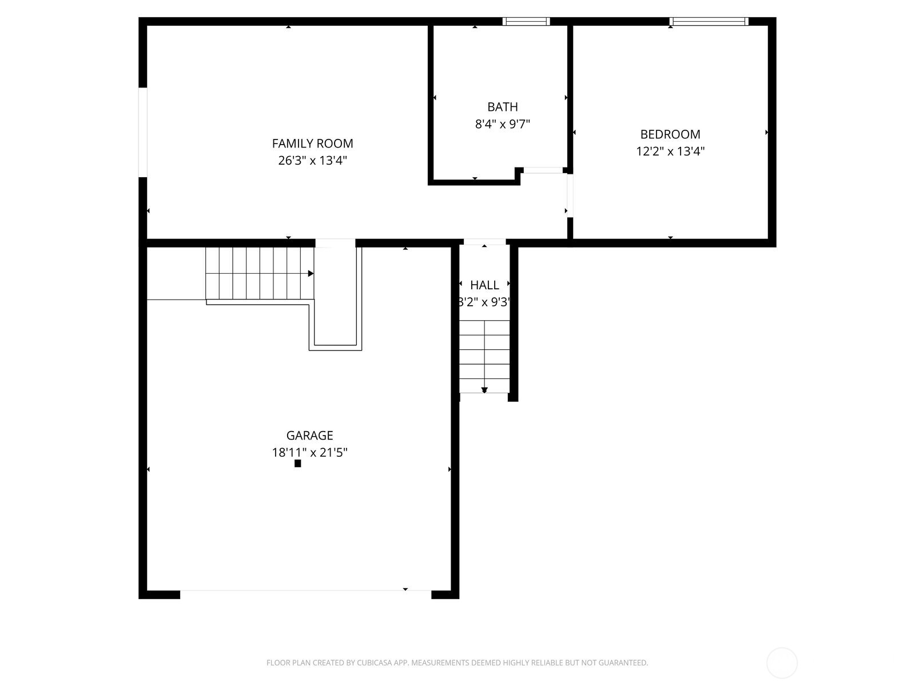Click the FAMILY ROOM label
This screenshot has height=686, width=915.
coord(312,143)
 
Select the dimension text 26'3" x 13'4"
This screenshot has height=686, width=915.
coord(312,161)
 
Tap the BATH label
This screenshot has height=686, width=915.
coord(503,107)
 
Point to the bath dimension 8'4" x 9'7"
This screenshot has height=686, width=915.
coord(503,124)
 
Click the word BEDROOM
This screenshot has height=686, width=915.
coord(670,134)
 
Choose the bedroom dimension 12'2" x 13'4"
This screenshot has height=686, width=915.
coord(670,151)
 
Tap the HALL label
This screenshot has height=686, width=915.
coord(484,285)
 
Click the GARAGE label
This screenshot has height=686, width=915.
coord(309,436)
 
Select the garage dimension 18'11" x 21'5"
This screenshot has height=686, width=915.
coord(309,453)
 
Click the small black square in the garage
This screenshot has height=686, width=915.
coord(297,464)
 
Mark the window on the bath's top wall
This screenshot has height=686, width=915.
coord(526,22)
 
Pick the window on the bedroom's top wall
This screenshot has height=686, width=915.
coord(709,22)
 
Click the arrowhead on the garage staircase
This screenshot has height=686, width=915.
coord(311,274)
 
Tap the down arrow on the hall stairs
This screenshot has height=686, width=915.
coord(484,390)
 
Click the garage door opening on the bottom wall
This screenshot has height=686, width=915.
coord(305,595)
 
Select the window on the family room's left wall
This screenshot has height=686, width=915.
coord(143,132)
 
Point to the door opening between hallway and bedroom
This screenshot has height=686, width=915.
coord(570,196)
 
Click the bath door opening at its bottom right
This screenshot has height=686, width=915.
coord(543,170)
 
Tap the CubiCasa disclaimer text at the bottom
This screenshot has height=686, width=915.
coord(457,663)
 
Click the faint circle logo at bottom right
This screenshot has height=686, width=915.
coord(782,663)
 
